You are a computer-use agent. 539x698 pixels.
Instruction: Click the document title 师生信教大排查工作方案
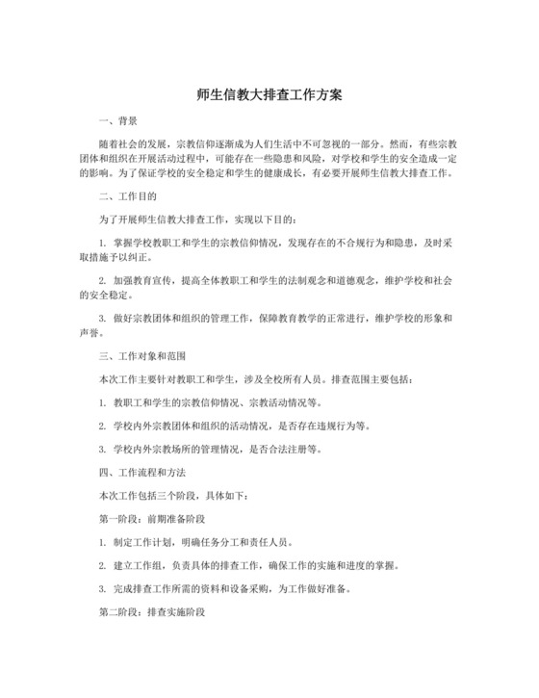[x=269, y=96]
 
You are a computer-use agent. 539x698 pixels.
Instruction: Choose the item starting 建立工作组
[x=250, y=565]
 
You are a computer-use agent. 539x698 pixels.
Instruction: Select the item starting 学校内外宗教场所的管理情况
[x=217, y=449]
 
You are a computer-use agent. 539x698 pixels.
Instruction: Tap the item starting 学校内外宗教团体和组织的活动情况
[x=241, y=426]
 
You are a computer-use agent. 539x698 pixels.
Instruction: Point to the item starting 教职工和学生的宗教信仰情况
[x=217, y=402]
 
